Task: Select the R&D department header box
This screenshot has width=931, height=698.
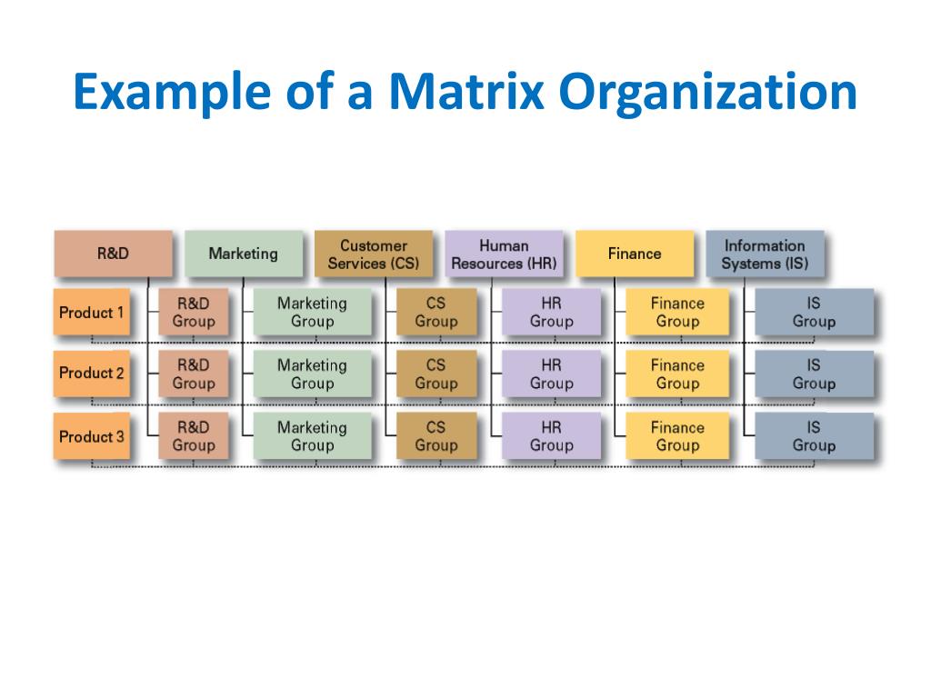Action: coord(113,254)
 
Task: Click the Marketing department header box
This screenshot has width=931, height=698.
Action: coord(243,254)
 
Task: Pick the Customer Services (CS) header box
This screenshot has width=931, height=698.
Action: coord(373,254)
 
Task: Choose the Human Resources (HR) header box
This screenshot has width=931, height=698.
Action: coord(504,254)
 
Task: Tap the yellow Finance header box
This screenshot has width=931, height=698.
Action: coord(634,254)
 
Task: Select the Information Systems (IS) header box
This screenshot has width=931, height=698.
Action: coord(764,254)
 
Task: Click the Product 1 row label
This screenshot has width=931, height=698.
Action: coord(92,313)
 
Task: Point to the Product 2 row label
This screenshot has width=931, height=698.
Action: coord(92,374)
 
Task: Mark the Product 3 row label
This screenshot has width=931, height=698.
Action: coord(92,436)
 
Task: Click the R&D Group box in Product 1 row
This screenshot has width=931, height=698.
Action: coord(193,313)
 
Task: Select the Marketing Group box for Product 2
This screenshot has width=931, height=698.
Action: coord(312,374)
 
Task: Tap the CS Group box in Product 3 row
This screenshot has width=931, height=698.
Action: coord(436,436)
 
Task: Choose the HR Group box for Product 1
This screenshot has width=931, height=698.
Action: coord(551,313)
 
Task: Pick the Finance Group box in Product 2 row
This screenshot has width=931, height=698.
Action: coord(677,374)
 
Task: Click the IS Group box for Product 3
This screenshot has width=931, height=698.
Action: coord(813,436)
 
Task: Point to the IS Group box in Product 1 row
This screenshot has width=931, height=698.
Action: coord(813,313)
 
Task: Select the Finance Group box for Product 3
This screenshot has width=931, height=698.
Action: coord(677,436)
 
